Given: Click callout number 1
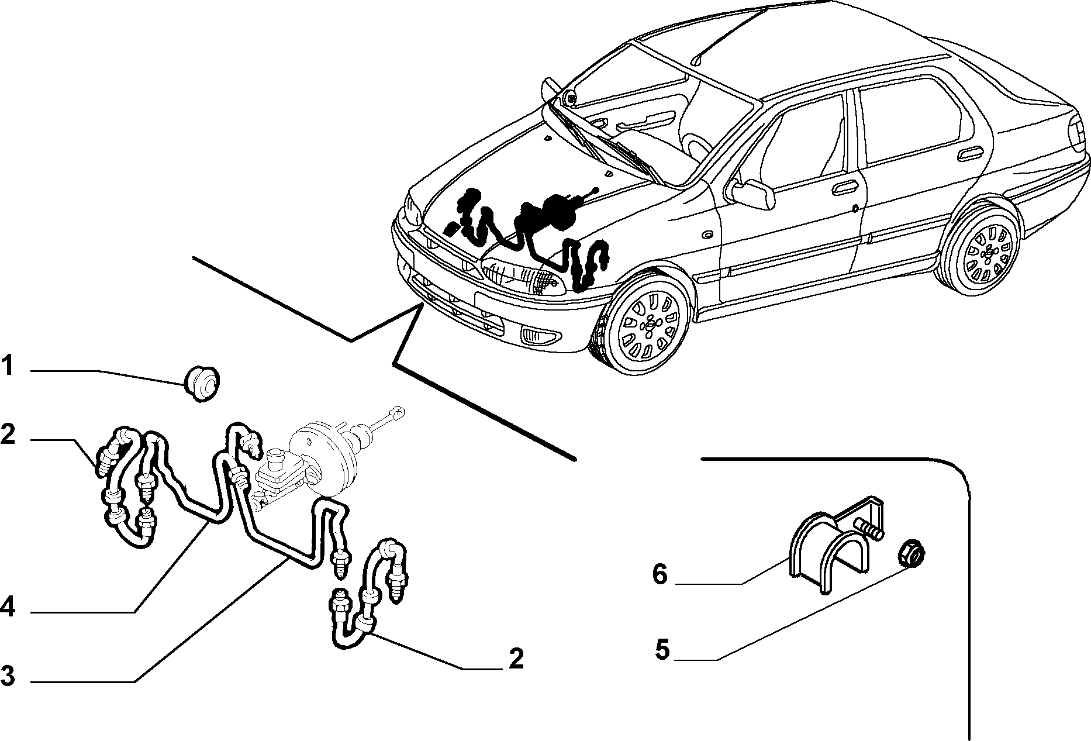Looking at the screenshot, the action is pos(7,367).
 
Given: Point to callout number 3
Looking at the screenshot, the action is pos(7,675).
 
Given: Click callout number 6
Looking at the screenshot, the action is pos(660,574).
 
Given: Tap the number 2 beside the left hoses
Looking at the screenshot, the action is pos(8,435).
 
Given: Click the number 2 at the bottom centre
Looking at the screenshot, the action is pos(516,658).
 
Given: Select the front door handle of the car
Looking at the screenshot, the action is pos(843,188).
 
